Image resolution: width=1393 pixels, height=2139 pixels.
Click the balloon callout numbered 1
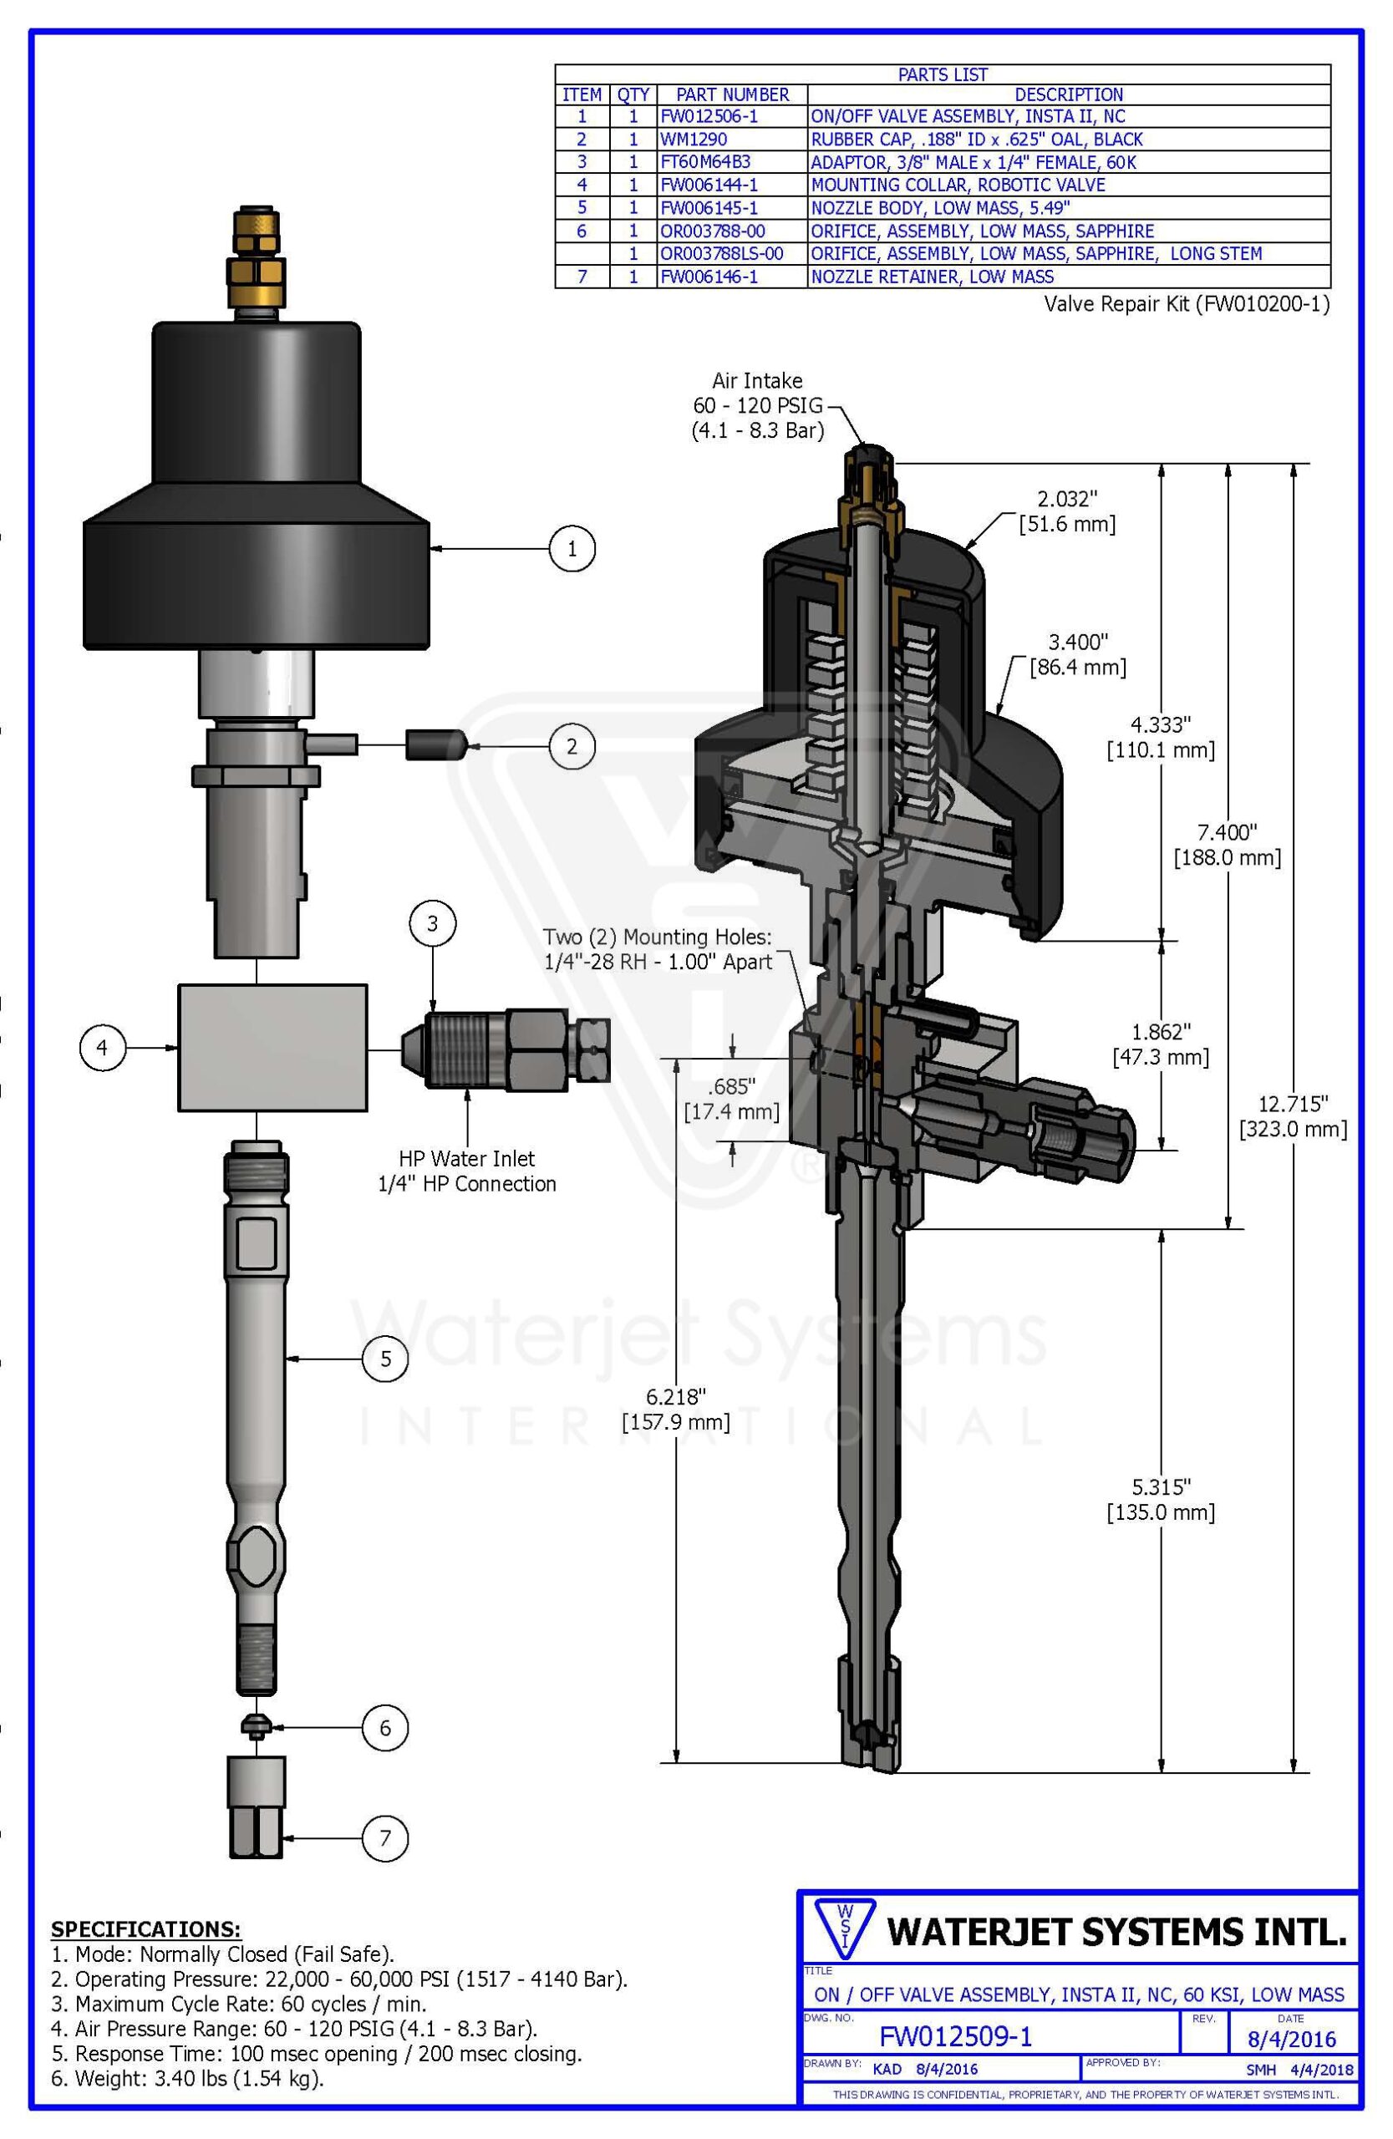tap(572, 547)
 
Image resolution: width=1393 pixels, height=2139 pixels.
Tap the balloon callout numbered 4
tap(103, 1047)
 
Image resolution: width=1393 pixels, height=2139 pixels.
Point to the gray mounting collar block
tap(272, 1047)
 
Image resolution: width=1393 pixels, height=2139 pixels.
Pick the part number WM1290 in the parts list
tap(694, 140)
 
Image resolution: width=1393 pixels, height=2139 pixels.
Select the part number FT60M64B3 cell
tap(705, 163)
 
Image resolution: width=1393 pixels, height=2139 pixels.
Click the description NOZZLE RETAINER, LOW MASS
tap(932, 277)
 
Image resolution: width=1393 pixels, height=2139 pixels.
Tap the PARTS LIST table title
tap(942, 74)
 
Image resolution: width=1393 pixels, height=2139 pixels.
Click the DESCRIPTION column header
tap(1068, 94)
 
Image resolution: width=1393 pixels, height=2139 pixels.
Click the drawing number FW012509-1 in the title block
tap(955, 2036)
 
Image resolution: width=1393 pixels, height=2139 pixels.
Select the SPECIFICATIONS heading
tap(145, 1928)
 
